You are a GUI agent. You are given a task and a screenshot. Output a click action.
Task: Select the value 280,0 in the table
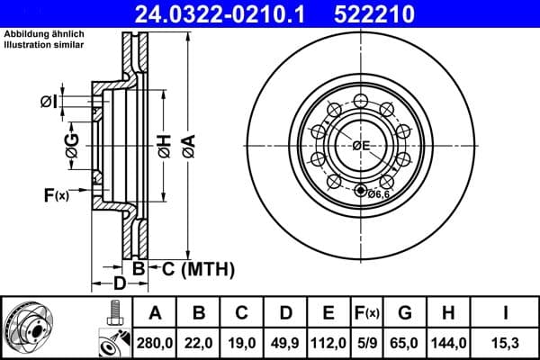155,343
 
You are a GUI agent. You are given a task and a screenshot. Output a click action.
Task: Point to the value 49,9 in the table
286,343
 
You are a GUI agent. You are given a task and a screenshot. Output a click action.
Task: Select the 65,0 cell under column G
405,343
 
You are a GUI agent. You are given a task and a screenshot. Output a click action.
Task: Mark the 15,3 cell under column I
504,343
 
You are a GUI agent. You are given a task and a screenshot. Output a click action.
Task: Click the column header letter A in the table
155,314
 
